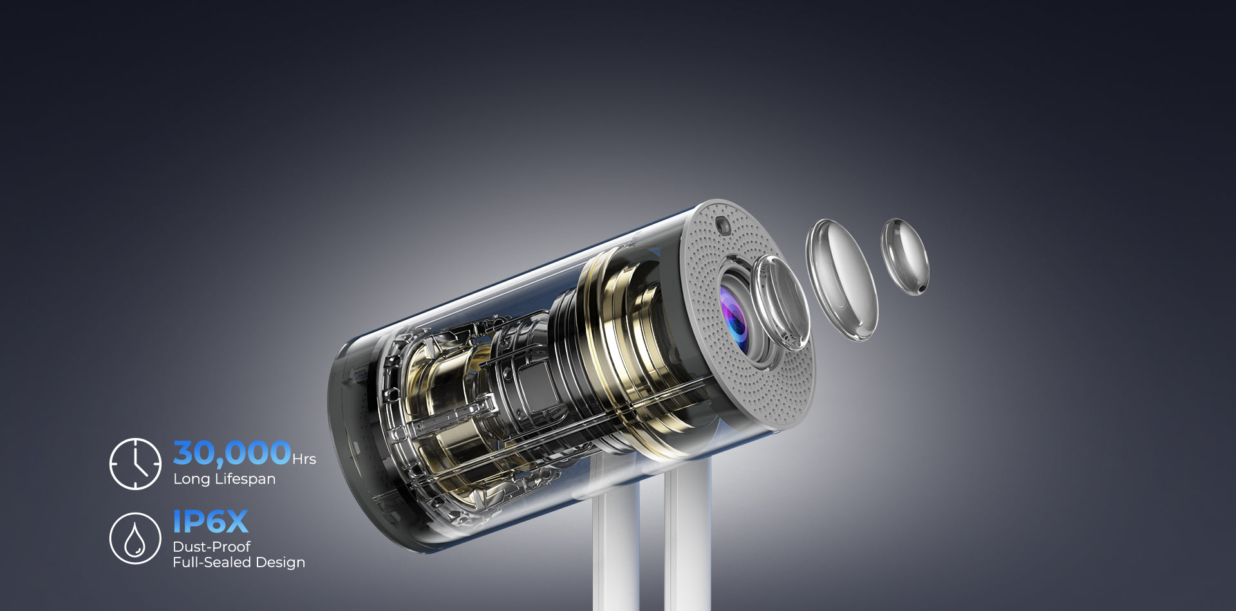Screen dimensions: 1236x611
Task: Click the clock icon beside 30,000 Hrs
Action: tap(135, 464)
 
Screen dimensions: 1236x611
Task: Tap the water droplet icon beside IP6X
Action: tap(135, 538)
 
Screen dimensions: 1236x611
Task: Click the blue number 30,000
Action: tap(232, 453)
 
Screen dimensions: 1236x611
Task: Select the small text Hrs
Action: tap(304, 459)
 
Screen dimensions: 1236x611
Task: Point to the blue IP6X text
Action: tap(211, 522)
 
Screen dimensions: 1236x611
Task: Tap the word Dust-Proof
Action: tap(212, 547)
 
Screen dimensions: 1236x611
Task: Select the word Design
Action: tap(280, 563)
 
